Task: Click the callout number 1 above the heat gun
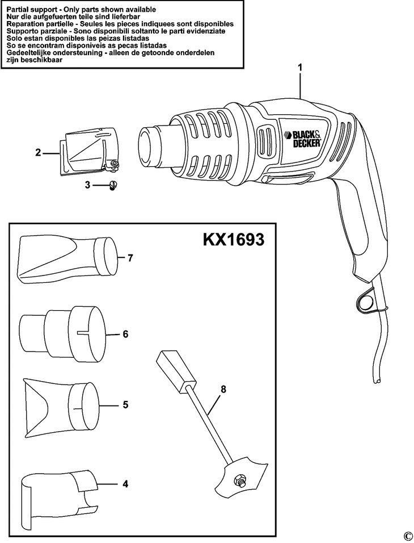click(x=300, y=67)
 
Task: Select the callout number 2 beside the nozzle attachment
click(x=37, y=152)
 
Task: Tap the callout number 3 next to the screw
click(x=87, y=185)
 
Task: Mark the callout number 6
click(x=125, y=334)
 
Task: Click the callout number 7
click(x=130, y=258)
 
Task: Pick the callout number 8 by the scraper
click(x=223, y=389)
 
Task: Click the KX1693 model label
click(x=233, y=239)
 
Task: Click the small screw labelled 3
click(x=112, y=185)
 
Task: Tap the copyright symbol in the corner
click(x=407, y=536)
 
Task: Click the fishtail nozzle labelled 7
click(x=68, y=259)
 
